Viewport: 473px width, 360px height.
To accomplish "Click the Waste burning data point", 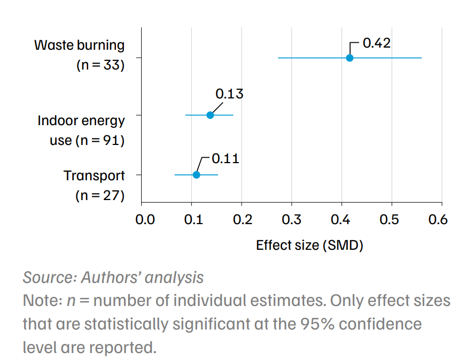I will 350,58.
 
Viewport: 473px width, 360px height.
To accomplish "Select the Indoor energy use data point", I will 210,115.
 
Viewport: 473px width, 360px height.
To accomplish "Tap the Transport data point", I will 196,175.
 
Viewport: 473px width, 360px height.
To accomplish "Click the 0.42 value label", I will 377,43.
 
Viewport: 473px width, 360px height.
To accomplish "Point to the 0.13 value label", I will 229,94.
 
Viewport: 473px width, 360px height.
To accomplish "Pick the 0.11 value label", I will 225,159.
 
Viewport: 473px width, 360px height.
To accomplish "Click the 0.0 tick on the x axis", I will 145,220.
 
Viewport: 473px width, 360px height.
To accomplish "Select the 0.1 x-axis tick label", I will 192,220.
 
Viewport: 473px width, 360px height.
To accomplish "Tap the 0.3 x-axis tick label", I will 292,220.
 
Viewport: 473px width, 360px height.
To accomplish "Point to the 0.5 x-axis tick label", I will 392,220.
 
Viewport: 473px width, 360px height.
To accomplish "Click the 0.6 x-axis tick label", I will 438,220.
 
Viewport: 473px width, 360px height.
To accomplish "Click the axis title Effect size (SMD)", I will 309,246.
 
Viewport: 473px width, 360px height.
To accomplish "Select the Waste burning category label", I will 79,45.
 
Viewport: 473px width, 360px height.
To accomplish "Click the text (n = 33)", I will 100,66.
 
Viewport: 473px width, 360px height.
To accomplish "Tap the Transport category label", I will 94,175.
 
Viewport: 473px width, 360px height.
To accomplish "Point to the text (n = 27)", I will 100,196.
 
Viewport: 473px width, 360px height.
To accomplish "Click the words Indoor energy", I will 81,121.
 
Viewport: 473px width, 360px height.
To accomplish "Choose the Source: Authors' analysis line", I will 113,278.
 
